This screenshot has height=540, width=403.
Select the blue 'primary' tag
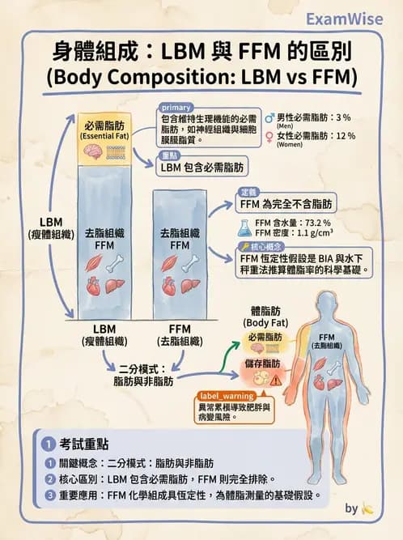click(176, 108)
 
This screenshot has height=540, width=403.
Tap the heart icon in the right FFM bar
click(171, 286)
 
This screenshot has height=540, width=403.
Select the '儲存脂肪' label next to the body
click(265, 364)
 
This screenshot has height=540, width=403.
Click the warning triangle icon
click(277, 378)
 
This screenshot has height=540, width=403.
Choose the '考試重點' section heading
click(84, 444)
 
